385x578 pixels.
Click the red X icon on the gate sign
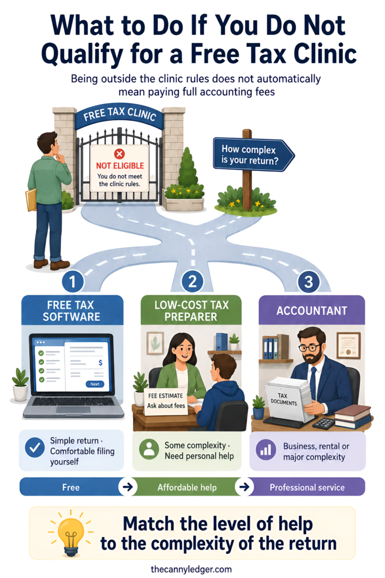[120, 154]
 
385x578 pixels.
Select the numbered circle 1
[73, 282]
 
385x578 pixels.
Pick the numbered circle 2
[193, 282]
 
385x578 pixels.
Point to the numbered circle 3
[308, 282]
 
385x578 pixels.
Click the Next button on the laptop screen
[95, 384]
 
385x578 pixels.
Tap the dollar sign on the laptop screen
[100, 363]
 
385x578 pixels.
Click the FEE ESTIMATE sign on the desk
[166, 401]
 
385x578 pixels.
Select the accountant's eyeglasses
[309, 348]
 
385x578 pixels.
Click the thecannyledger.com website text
[192, 569]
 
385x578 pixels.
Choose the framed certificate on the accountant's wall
[348, 345]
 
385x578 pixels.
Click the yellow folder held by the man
[30, 199]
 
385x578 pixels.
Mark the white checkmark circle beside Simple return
[35, 448]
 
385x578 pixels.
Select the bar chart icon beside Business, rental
[265, 450]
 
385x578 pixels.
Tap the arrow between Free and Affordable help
[128, 487]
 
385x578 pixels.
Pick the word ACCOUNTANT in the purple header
[312, 311]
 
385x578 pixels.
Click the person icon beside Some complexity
[149, 449]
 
